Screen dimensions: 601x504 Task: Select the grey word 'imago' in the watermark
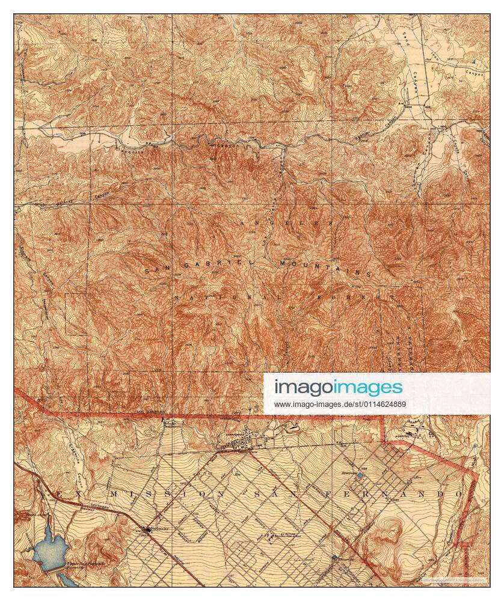(x=304, y=387)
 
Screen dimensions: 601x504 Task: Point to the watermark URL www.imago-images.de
(x=340, y=404)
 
